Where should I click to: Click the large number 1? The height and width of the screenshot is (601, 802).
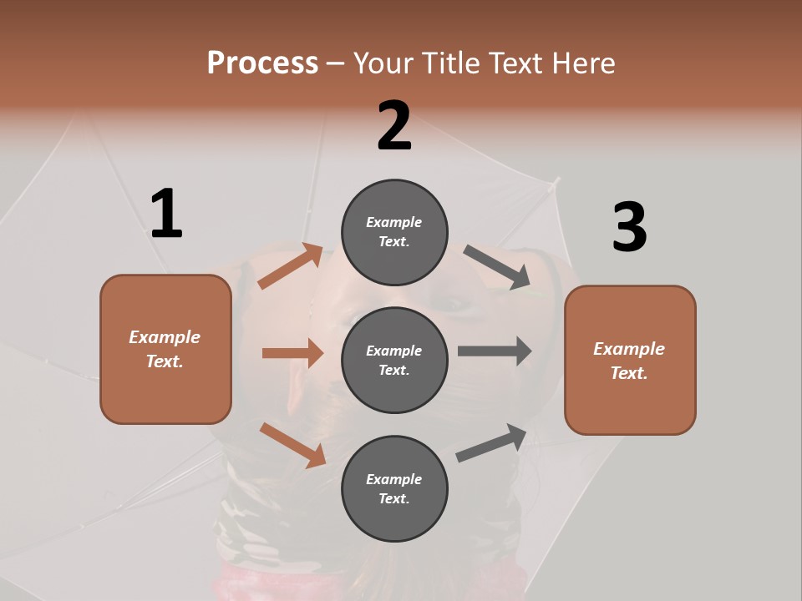pyautogui.click(x=166, y=214)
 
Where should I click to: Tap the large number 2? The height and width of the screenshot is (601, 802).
pyautogui.click(x=394, y=126)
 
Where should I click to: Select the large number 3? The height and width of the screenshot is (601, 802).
pyautogui.click(x=629, y=228)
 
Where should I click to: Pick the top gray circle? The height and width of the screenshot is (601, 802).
pyautogui.click(x=394, y=231)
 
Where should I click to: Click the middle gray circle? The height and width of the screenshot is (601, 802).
pyautogui.click(x=394, y=360)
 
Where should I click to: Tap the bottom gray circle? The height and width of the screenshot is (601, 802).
pyautogui.click(x=394, y=488)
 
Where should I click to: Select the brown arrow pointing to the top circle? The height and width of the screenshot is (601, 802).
pyautogui.click(x=291, y=265)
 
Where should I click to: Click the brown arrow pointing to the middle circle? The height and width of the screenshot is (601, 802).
pyautogui.click(x=292, y=353)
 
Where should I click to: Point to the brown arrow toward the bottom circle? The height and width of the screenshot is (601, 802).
pyautogui.click(x=292, y=444)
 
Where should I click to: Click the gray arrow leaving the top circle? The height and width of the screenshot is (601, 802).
pyautogui.click(x=497, y=267)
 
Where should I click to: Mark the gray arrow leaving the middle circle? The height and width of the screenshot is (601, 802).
pyautogui.click(x=495, y=351)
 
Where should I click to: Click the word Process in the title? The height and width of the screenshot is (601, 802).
pyautogui.click(x=262, y=63)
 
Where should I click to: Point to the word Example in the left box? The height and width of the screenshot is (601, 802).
pyautogui.click(x=165, y=337)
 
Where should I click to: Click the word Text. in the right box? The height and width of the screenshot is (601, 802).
pyautogui.click(x=629, y=373)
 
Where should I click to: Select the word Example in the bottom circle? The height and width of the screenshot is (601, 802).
pyautogui.click(x=393, y=479)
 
